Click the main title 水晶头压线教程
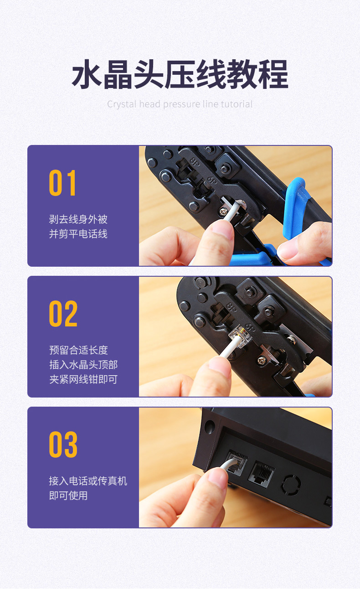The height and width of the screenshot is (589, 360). click(x=180, y=74)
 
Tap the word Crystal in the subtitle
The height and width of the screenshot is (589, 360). click(x=122, y=104)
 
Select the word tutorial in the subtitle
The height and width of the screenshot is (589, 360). click(x=237, y=104)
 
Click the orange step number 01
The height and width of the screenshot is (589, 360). click(x=62, y=183)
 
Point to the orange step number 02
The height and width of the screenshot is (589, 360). click(x=63, y=314)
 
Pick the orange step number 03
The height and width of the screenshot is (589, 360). click(x=63, y=444)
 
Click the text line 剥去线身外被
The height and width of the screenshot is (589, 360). click(x=78, y=219)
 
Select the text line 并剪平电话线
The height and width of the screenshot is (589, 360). click(x=78, y=234)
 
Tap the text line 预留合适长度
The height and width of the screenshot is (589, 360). click(x=78, y=350)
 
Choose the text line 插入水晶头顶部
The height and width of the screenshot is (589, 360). click(x=83, y=365)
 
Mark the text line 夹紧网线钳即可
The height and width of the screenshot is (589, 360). click(x=83, y=379)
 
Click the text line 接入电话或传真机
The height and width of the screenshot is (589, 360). click(x=88, y=481)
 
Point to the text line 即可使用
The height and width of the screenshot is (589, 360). click(x=68, y=496)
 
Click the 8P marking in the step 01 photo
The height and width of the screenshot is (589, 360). click(x=195, y=162)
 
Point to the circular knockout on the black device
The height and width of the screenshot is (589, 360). click(x=291, y=484)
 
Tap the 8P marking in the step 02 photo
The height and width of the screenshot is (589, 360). click(x=231, y=307)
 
